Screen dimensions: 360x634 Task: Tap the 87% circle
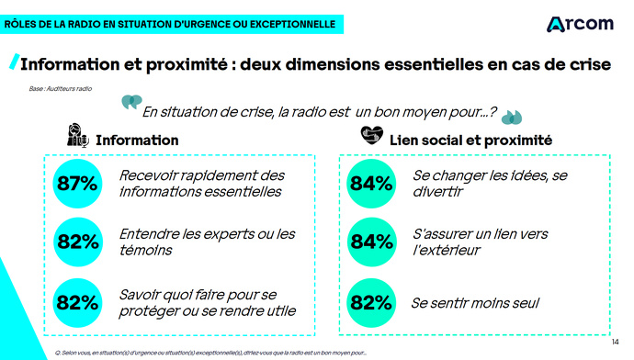point(77,184)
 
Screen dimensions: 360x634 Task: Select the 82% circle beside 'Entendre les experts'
point(77,242)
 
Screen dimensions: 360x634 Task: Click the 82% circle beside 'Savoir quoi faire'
point(77,302)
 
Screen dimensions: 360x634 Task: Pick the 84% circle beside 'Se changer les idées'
point(371,184)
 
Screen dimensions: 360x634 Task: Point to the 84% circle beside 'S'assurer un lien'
point(371,242)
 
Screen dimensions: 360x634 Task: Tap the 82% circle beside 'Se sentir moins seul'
point(371,302)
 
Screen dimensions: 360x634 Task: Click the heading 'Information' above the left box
point(137,141)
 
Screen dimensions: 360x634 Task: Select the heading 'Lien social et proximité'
point(470,141)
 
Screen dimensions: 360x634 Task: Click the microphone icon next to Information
point(77,138)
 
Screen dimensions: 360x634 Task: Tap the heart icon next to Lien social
point(370,137)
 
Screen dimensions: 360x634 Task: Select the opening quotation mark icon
point(131,101)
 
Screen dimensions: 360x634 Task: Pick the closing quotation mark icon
point(512,117)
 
